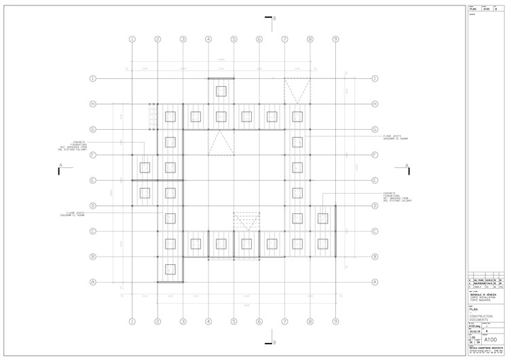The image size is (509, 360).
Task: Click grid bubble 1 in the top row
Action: click(132, 40)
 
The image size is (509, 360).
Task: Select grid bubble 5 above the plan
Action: click(233, 40)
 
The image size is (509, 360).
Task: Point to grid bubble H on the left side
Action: click(93, 104)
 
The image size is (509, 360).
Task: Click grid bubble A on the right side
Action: click(375, 282)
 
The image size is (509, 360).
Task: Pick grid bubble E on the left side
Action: click(93, 180)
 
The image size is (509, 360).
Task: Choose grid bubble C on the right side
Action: click(375, 231)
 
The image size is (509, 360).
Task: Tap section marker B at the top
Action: click(269, 20)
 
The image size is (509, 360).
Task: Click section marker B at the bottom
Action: click(269, 342)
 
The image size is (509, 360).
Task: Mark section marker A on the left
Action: click(60, 167)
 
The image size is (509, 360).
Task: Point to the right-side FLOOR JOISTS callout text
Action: click(394, 137)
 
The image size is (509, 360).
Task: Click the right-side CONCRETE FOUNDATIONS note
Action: click(394, 197)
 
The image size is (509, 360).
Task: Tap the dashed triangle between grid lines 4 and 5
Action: click(221, 143)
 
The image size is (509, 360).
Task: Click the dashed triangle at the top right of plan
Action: click(297, 90)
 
